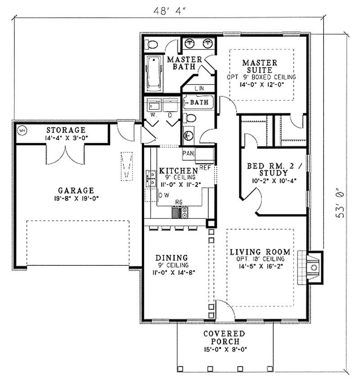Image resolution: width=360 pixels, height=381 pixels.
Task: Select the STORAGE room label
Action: coord(65,130)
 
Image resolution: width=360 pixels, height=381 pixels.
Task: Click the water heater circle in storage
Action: coord(21,132)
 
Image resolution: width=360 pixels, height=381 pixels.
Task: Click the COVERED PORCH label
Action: coord(224,337)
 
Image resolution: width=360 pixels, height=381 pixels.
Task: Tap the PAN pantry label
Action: coord(188,154)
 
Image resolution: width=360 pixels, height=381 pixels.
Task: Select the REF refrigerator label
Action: coord(205,166)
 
